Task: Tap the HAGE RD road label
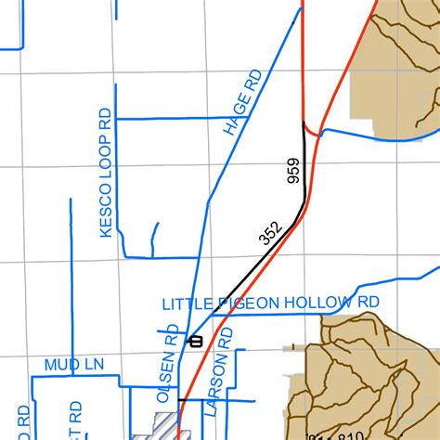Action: point(243,101)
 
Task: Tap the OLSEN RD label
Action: point(166,370)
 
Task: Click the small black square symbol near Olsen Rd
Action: point(195,341)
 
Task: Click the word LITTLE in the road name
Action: point(188,304)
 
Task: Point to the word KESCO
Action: point(105,208)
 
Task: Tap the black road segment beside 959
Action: point(305,172)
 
